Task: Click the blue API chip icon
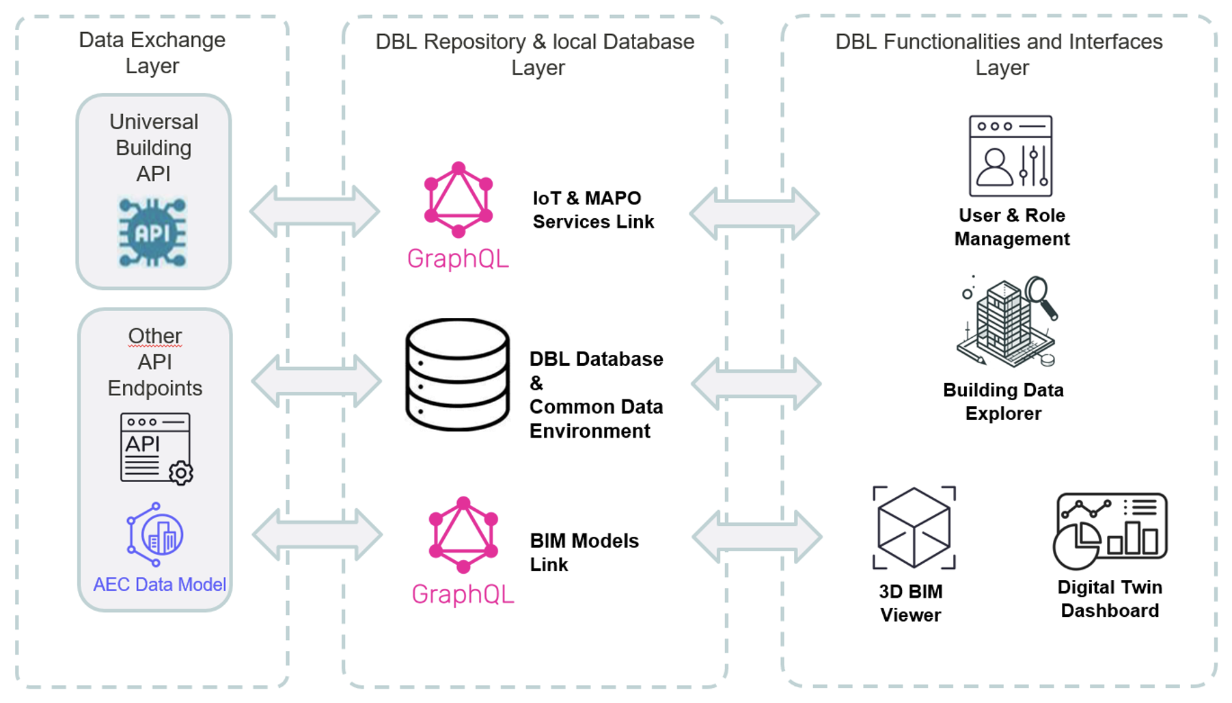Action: coord(152,233)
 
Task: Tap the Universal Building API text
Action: coord(154,148)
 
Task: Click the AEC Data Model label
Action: coord(159,585)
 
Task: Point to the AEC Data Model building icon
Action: coord(155,534)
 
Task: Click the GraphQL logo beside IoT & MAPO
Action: coord(458,200)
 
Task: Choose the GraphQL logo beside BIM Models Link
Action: coord(463,535)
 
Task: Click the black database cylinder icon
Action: coord(457,374)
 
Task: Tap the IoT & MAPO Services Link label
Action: coord(593,210)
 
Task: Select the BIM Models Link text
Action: coord(584,553)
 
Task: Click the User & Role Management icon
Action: coord(1011,156)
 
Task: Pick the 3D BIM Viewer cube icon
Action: coord(914,528)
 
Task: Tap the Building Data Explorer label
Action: coord(1003,401)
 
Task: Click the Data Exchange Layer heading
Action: coord(152,53)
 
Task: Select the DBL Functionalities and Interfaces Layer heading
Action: coord(998,54)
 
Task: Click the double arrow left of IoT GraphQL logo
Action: coord(314,211)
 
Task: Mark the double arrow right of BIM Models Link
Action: coord(756,537)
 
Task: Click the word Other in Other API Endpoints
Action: coord(155,336)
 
